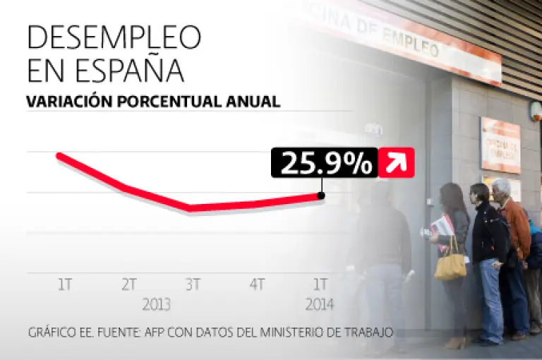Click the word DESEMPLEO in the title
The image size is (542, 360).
click(x=114, y=37)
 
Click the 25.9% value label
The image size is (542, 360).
click(x=326, y=163)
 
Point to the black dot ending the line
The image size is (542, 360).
click(x=322, y=196)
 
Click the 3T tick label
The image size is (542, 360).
click(x=193, y=284)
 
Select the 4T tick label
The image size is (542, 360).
click(x=257, y=284)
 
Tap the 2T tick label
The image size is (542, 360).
click(x=128, y=284)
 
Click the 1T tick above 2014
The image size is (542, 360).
click(x=321, y=284)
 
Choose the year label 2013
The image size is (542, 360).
click(x=157, y=306)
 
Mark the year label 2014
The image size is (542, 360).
click(x=320, y=306)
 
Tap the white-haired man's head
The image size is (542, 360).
click(x=502, y=188)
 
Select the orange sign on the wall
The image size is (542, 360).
click(x=500, y=145)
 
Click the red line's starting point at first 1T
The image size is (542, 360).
click(x=59, y=155)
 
